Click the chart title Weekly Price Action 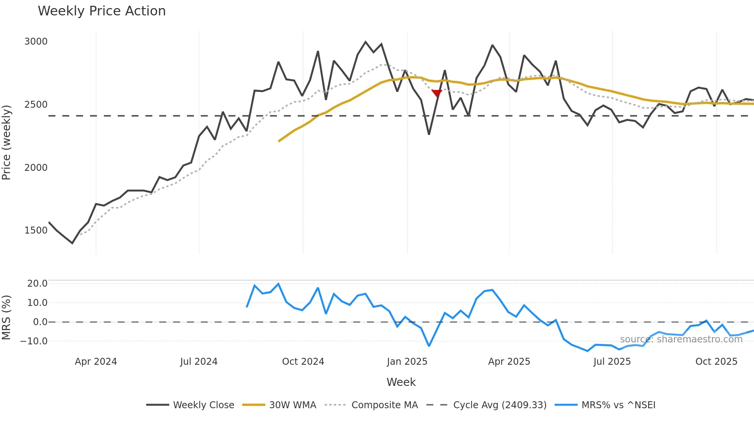(102, 11)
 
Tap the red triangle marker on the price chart (437, 93)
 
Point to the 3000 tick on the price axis (36, 42)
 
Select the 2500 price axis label (36, 105)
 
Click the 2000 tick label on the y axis (36, 168)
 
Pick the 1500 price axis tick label (36, 230)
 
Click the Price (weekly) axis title (7, 142)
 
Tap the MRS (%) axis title (7, 317)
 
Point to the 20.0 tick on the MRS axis (37, 284)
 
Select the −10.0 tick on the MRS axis (34, 341)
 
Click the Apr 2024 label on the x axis (96, 362)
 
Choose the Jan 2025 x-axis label (407, 362)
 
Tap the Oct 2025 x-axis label (716, 362)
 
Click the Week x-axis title (401, 382)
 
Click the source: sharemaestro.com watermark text (681, 339)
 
